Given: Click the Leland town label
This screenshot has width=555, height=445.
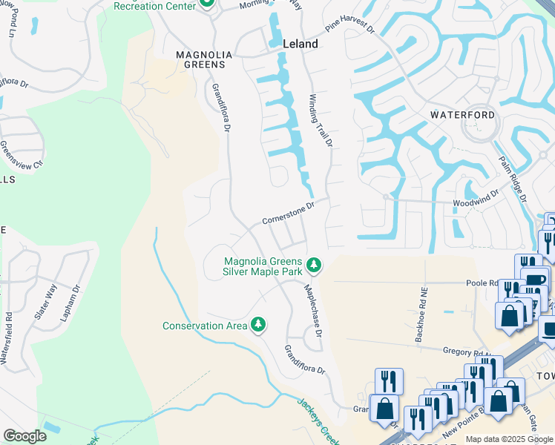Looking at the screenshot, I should point(301,44).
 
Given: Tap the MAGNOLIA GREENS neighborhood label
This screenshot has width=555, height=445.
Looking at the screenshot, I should point(204,60).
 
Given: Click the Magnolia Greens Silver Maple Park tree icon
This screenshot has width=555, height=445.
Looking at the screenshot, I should point(314,264).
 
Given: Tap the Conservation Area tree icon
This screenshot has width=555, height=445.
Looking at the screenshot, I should point(258,325).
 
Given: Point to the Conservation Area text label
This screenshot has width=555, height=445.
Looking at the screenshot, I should point(204,326).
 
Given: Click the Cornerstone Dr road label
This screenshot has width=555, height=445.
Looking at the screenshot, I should point(289,213).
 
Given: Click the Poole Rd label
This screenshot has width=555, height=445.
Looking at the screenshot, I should point(481,283).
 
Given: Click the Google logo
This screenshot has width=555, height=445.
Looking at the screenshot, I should point(24,436).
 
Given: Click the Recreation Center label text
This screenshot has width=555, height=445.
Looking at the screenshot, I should point(154,6).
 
